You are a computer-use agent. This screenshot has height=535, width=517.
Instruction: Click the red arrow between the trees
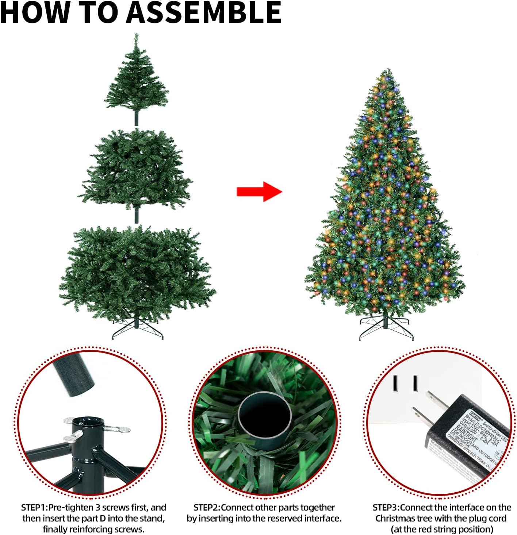(259, 191)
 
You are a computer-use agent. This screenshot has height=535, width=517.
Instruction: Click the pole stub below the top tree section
(137, 119)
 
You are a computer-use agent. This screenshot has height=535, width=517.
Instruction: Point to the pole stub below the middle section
(137, 215)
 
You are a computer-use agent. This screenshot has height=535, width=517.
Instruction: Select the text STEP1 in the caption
(34, 507)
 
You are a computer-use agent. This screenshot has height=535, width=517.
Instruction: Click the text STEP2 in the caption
(206, 507)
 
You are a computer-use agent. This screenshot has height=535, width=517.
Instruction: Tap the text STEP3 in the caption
(386, 507)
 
